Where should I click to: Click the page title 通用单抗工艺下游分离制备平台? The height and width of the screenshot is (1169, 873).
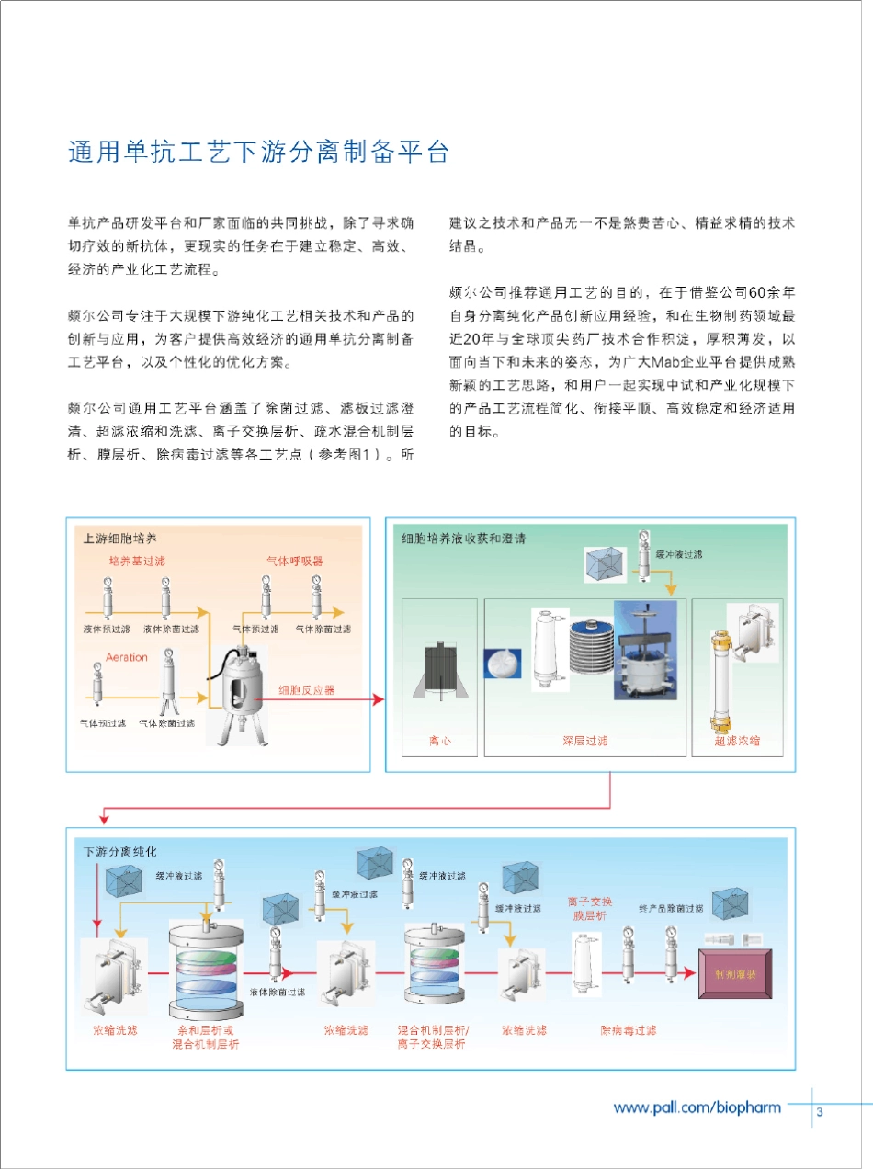(x=258, y=152)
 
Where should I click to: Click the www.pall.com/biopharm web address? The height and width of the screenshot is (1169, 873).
(x=697, y=1107)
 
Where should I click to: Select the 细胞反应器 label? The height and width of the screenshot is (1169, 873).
(x=307, y=689)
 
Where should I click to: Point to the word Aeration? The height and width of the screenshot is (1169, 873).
(x=127, y=657)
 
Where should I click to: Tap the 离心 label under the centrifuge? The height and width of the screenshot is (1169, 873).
(x=439, y=741)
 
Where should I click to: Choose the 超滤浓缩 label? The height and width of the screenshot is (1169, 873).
(x=736, y=741)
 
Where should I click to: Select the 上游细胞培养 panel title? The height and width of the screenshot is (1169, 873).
(x=114, y=538)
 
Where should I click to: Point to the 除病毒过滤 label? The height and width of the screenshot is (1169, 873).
(x=628, y=1030)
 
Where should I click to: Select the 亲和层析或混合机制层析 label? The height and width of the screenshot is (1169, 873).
(x=206, y=1038)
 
